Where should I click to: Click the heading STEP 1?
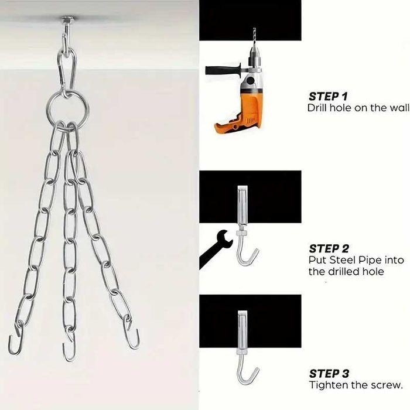pos(328,97)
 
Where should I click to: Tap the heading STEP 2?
pos(329,249)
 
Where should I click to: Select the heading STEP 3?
pos(329,374)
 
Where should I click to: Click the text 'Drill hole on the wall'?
pos(358,108)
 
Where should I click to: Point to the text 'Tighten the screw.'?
pos(356,385)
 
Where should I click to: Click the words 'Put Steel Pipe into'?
pos(356,260)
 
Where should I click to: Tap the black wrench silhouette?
pos(216,249)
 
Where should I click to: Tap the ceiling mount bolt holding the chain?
pos(67,22)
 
